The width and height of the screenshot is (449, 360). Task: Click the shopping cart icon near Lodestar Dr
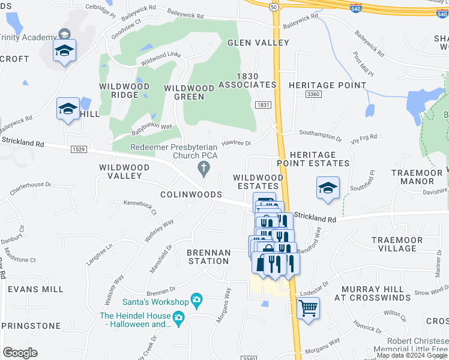(x=308, y=308)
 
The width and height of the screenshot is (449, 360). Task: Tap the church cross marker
(x=204, y=169)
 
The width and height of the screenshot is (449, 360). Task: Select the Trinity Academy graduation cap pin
(x=64, y=51)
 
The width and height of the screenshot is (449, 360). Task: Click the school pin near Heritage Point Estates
(x=328, y=188)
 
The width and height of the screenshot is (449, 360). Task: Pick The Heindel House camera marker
(x=178, y=317)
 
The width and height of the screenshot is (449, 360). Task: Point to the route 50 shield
(x=274, y=7)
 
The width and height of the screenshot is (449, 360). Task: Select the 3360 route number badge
(x=313, y=94)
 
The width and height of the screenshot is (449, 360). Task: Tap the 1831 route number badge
(x=263, y=104)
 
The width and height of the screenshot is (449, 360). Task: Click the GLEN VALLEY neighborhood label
(x=258, y=43)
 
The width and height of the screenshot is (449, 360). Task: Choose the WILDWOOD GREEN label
(x=189, y=92)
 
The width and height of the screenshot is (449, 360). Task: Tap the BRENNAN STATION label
(x=208, y=257)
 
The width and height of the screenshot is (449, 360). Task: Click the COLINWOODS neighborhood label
(x=191, y=195)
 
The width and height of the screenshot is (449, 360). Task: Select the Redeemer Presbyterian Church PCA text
(x=174, y=151)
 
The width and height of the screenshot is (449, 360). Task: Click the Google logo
(x=20, y=353)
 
